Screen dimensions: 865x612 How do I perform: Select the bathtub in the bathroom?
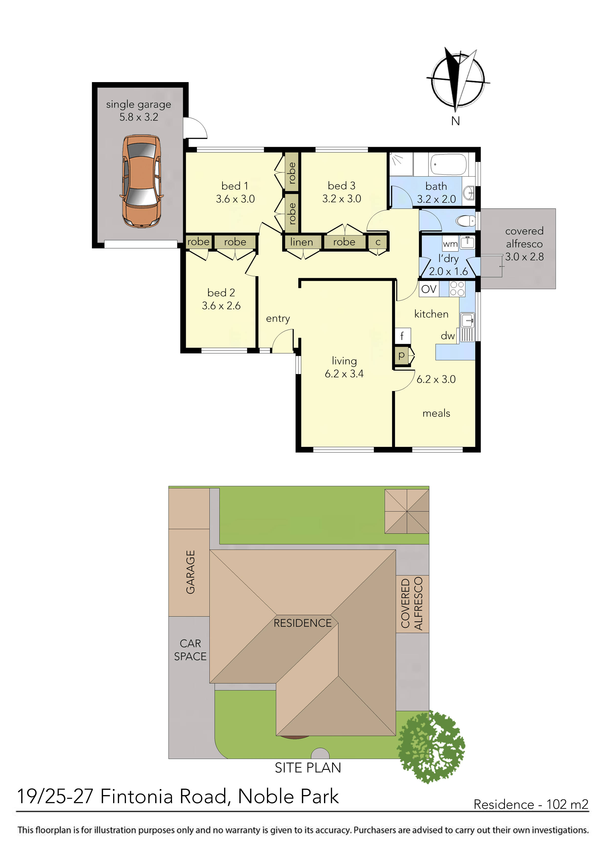[x=448, y=164]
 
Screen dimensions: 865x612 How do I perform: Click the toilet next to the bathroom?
[x=465, y=220]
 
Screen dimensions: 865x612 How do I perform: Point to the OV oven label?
[x=429, y=289]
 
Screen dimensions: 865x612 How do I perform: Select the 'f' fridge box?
[x=402, y=335]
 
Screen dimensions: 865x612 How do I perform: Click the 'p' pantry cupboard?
[x=402, y=355]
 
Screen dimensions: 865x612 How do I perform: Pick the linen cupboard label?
[x=302, y=242]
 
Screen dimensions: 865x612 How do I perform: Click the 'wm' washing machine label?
[x=450, y=244]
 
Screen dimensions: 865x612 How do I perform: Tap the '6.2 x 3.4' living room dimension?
[x=344, y=374]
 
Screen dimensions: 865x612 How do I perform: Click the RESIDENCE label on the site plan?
[x=302, y=623]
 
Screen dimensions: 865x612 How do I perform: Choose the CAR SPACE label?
[x=191, y=650]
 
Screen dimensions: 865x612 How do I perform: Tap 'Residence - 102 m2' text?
[x=531, y=804]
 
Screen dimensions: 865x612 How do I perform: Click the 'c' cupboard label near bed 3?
[x=378, y=242]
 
